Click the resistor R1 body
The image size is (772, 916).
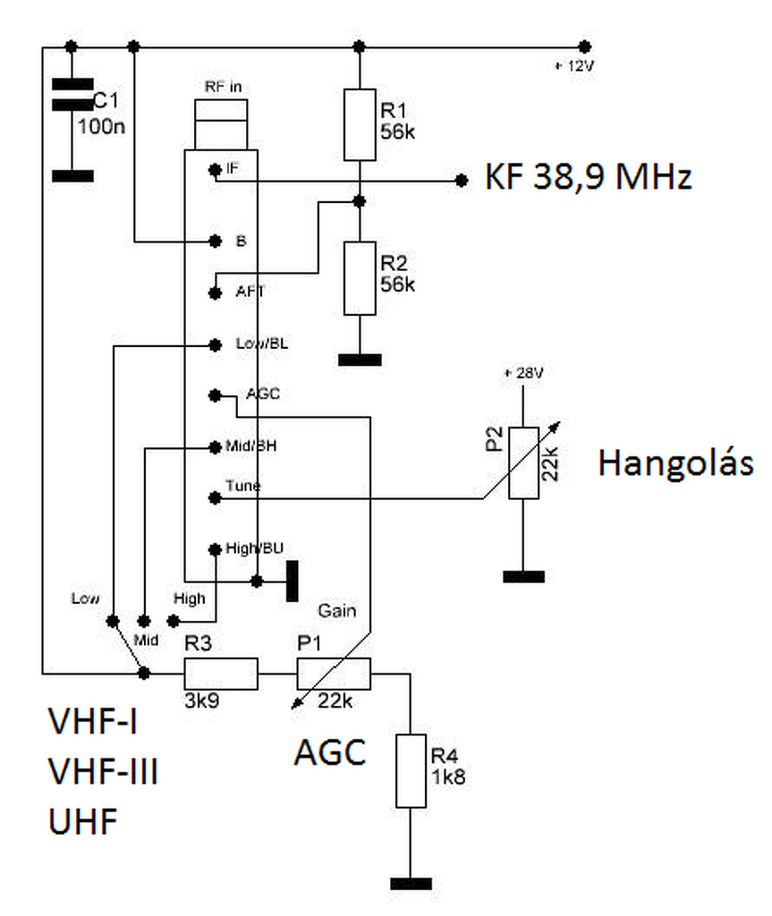[360, 124]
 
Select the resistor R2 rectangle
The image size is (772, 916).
[360, 279]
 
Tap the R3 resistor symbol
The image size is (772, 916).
[221, 674]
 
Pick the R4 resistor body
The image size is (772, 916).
[411, 771]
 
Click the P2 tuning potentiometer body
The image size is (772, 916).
[523, 462]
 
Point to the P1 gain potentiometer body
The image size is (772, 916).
[334, 674]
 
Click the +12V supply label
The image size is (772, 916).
[574, 66]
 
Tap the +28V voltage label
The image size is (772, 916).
[523, 373]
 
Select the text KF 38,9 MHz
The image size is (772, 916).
[589, 176]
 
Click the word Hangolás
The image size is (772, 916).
[675, 464]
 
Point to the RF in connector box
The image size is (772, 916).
[221, 124]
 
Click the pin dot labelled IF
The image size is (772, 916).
[215, 169]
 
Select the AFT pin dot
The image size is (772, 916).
[215, 293]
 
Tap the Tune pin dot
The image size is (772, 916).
[215, 497]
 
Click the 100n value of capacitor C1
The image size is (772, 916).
[102, 126]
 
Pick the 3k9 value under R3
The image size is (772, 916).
[202, 700]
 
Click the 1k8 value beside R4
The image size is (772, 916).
[448, 777]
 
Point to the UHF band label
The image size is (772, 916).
[83, 821]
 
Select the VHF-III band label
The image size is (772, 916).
[104, 771]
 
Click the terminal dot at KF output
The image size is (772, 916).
[462, 181]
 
